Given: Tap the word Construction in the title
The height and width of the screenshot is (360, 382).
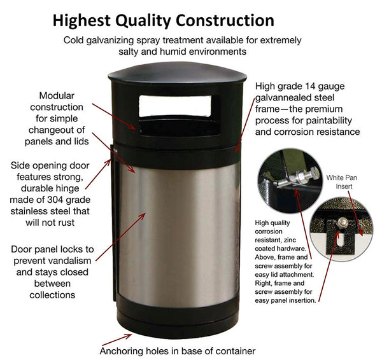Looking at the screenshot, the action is (x=225, y=20).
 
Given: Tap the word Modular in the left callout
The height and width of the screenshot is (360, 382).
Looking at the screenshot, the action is (x=57, y=95).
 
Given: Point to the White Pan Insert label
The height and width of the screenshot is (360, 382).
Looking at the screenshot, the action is (x=342, y=182).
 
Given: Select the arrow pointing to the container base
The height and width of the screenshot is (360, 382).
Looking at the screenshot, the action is (x=117, y=340).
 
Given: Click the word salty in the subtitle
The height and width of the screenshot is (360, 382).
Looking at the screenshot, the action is (x=129, y=52).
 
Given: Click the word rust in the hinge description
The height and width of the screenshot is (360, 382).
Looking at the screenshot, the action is (x=66, y=223).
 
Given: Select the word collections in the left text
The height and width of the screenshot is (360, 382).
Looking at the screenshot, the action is (x=52, y=295).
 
